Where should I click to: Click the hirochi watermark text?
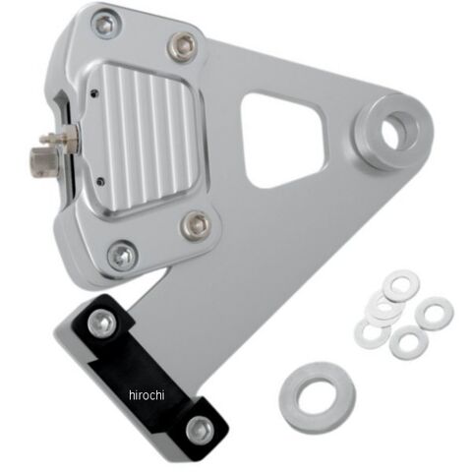click(147, 395)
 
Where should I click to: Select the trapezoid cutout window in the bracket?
click(281, 141)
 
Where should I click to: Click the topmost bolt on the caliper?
click(106, 25)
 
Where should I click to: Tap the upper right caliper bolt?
click(184, 47)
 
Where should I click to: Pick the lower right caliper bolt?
click(197, 225)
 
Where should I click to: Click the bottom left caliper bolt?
click(122, 256)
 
